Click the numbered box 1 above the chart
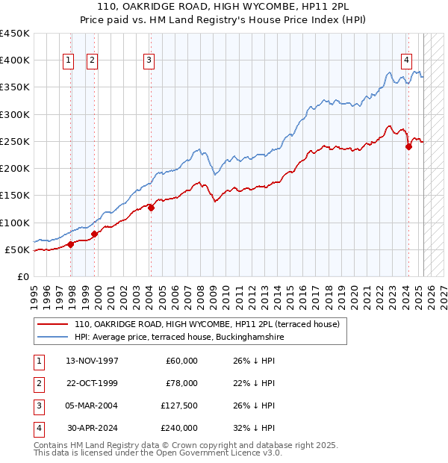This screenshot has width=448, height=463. coord(69,60)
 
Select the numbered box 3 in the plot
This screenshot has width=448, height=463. coord(149,60)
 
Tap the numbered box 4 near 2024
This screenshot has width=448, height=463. coord(406,60)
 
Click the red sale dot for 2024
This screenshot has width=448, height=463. coord(408,147)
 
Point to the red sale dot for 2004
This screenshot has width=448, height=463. coord(151,208)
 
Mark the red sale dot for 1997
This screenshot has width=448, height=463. coord(70,244)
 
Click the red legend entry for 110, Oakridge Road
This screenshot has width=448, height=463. coord(207,324)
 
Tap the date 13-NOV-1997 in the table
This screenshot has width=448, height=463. coord(92,361)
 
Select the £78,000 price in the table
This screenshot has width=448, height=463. coord(181,383)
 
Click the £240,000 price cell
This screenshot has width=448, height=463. coord(179,428)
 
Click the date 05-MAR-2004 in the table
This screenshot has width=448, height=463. coord(92,405)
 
